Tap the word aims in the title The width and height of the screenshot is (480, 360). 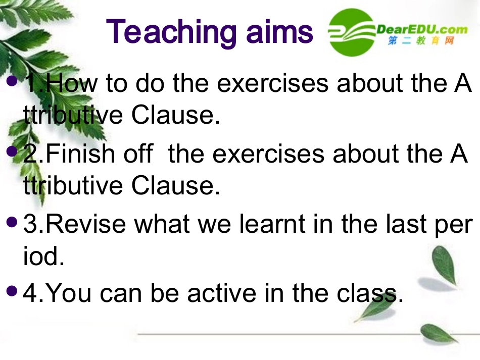pos(279,31)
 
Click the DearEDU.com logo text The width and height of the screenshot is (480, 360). pos(422,30)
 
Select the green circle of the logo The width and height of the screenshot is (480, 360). pos(352,32)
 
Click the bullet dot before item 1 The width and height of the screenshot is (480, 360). pos(12,81)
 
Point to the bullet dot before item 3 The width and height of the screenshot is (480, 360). pos(12,222)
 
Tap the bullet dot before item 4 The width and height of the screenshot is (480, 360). pos(12,291)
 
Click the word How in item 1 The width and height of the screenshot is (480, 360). pos(72,83)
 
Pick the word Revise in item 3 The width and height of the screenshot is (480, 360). pos(86,224)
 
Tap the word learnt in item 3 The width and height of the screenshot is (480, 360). pos(272,224)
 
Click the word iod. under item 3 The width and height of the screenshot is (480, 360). pos(44,255)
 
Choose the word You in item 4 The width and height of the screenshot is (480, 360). pos(69,293)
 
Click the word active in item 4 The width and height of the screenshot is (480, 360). pos(222,293)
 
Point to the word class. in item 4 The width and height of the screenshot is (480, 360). pos(370,293)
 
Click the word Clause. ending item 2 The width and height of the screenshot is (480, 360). pos(176,185)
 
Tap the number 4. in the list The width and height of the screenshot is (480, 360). pos(33,293)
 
